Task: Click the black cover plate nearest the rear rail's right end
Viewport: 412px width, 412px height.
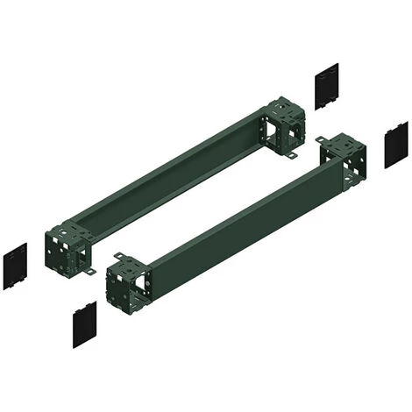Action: [326, 87]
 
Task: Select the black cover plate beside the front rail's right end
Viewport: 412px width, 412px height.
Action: [396, 145]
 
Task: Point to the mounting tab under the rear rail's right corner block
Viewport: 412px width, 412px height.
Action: [290, 155]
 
